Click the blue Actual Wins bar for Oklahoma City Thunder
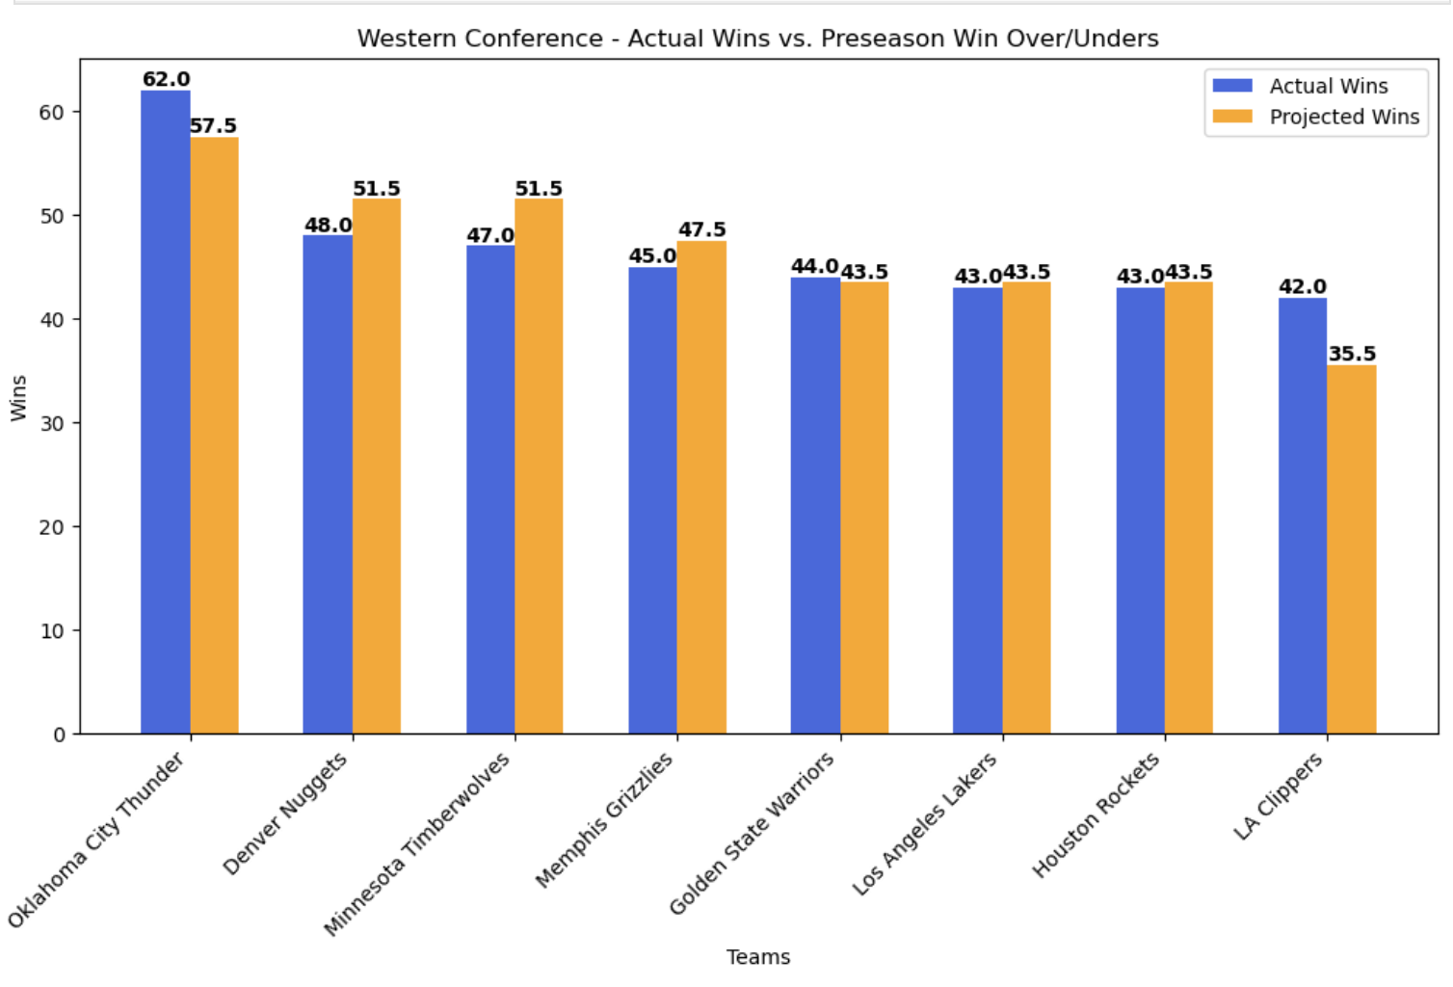[166, 413]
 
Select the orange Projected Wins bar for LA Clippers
[1351, 549]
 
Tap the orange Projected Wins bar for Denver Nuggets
[376, 467]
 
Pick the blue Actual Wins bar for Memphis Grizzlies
[652, 500]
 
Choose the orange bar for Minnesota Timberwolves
[539, 467]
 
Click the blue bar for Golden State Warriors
[815, 505]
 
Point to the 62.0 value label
[166, 79]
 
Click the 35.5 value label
[1352, 354]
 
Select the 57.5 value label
[213, 125]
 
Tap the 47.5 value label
[701, 229]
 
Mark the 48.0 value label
[329, 226]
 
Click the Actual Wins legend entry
[1300, 86]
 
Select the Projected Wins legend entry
[1315, 117]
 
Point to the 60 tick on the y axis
[51, 112]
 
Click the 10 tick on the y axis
[52, 630]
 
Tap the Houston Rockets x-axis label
[1096, 815]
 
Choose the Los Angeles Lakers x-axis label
[924, 824]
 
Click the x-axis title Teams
[758, 957]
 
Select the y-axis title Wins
[18, 398]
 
